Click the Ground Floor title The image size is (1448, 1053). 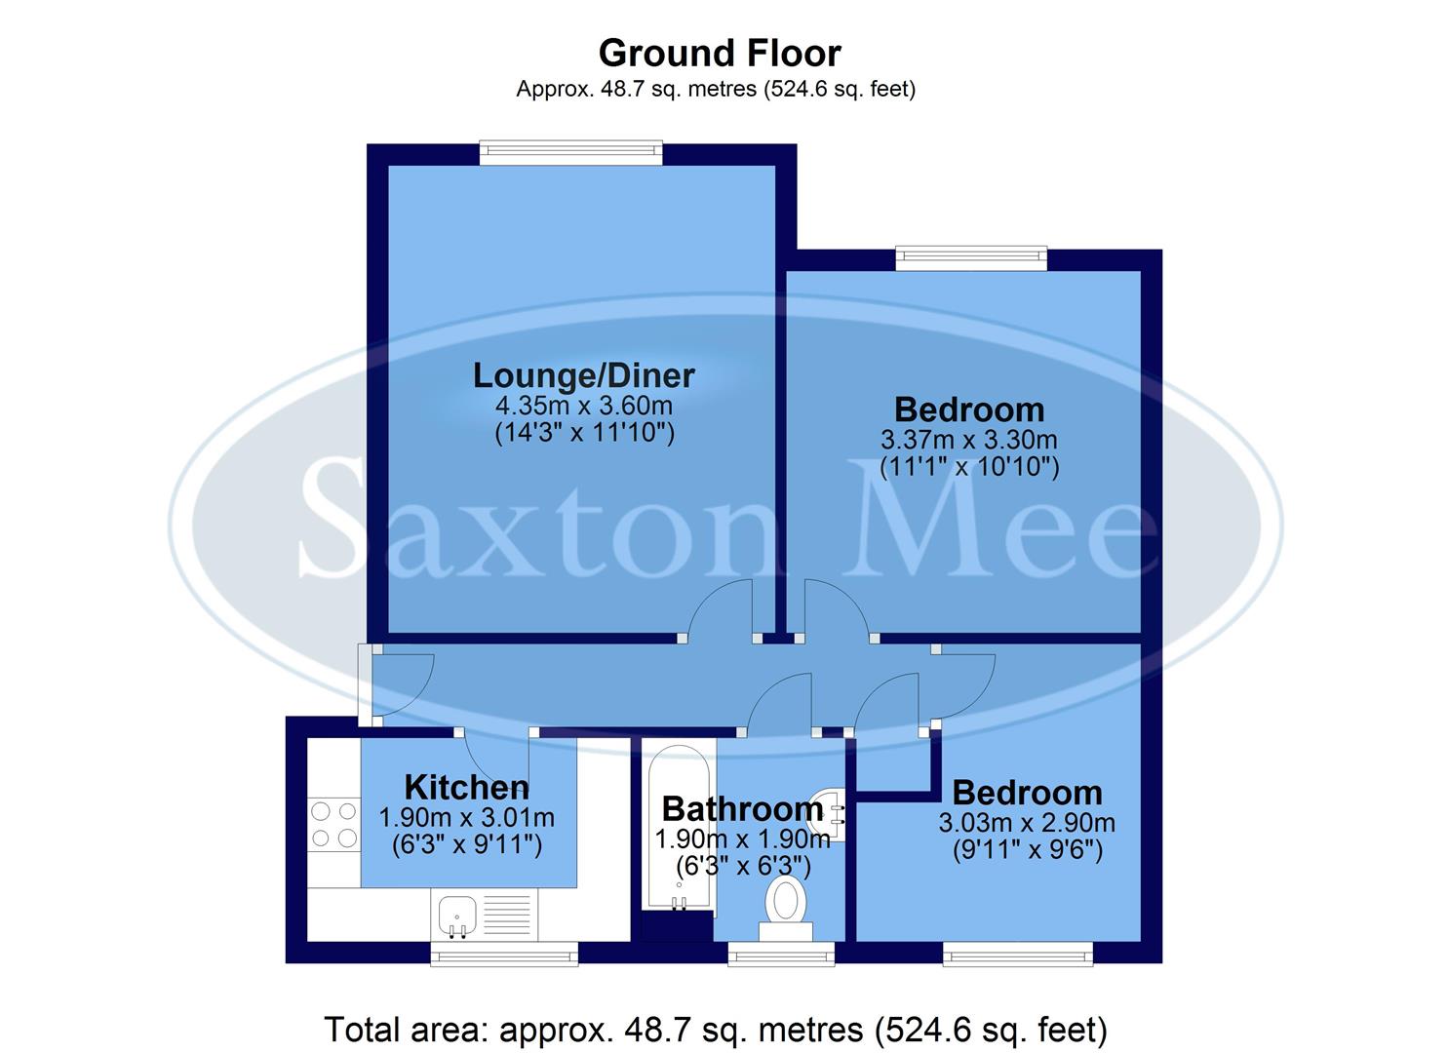click(720, 53)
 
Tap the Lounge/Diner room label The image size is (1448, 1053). click(583, 375)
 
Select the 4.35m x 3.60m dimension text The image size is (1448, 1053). click(583, 405)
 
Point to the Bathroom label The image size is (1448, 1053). click(742, 808)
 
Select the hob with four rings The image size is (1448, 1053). click(333, 824)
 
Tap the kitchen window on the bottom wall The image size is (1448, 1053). click(504, 954)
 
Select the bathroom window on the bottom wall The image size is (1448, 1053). click(781, 954)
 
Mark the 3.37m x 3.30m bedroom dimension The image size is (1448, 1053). click(968, 440)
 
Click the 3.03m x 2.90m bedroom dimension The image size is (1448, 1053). click(1027, 823)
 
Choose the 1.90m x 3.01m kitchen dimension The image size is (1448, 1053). click(466, 817)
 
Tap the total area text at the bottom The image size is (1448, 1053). click(715, 1030)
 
